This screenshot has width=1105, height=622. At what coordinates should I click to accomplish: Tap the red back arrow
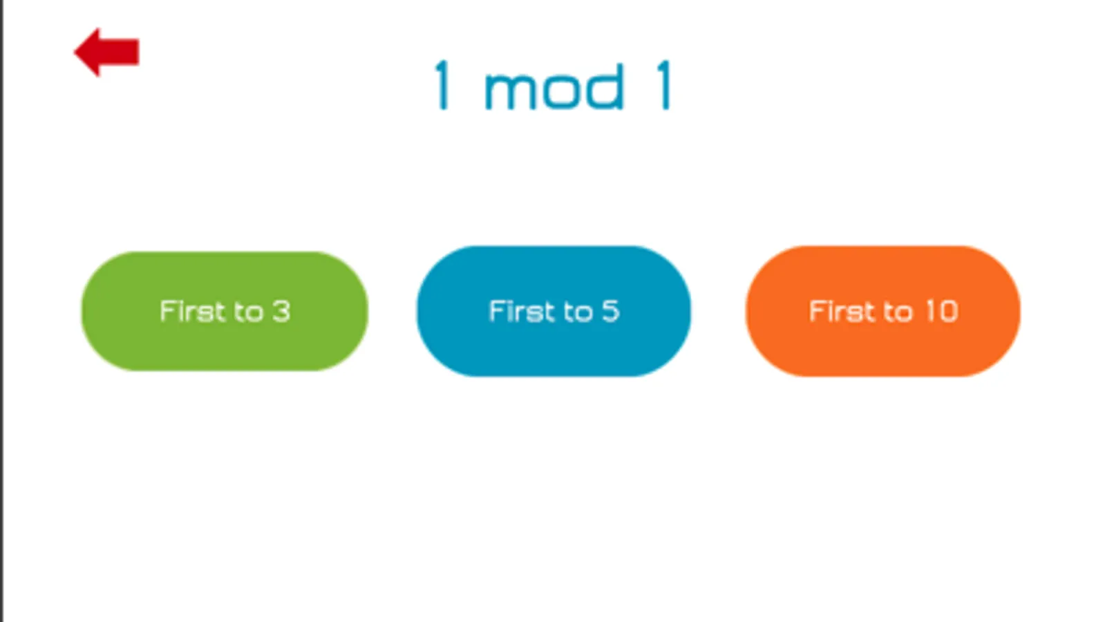tap(106, 52)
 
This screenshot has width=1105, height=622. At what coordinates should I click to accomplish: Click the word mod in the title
tap(554, 88)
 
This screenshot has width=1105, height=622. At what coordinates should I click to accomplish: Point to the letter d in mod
tap(607, 86)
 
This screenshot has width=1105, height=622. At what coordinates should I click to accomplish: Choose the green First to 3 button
tap(225, 311)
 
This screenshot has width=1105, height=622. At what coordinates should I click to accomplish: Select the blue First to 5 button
tap(553, 311)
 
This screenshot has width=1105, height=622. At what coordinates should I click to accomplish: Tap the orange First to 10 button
tap(882, 311)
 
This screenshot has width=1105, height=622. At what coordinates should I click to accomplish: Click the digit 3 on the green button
tap(281, 311)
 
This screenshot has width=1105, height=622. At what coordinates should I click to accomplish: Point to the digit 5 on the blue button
tap(610, 311)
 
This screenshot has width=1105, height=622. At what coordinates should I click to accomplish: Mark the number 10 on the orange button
tap(941, 311)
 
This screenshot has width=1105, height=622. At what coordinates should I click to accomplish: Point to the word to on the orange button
tap(898, 312)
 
